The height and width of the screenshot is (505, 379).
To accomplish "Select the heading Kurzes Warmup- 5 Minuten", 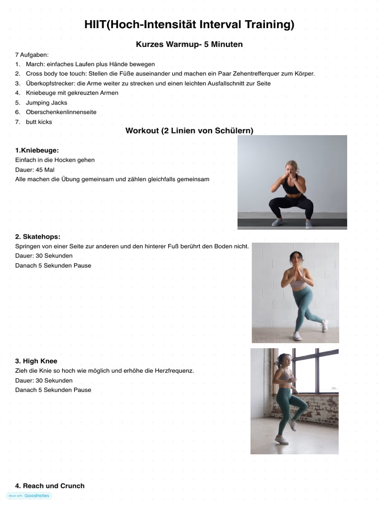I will pos(189,44).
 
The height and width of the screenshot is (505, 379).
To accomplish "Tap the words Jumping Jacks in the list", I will pos(46,103).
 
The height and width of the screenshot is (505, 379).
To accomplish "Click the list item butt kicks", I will pos(39,122).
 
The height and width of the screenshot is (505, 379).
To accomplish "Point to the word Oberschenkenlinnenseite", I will pos(61,112).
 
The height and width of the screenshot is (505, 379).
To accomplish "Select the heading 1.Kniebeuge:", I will pos(40,150).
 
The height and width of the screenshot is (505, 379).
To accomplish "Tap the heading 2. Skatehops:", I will pos(41,237).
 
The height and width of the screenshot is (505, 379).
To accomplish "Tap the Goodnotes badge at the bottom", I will pos(30,496).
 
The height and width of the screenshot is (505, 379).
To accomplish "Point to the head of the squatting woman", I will pos(292,166).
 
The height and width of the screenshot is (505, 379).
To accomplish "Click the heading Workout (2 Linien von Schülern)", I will pos(189,131).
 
